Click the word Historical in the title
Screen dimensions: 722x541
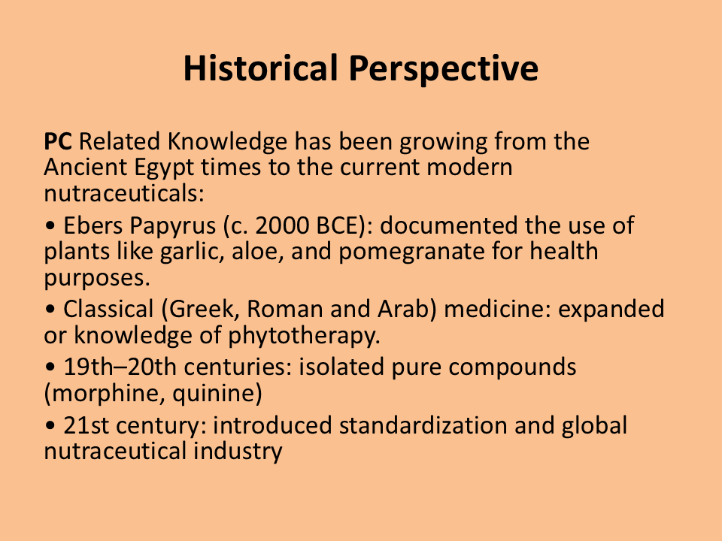(261, 68)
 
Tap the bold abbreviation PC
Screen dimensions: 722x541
(58, 141)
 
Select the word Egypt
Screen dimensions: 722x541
(164, 168)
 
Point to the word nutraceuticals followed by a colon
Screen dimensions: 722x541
(124, 193)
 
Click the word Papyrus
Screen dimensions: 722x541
(172, 227)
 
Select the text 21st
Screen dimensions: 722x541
(86, 425)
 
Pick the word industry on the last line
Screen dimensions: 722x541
(238, 452)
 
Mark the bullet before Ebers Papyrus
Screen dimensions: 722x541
(50, 226)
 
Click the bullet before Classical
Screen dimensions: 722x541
(50, 310)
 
